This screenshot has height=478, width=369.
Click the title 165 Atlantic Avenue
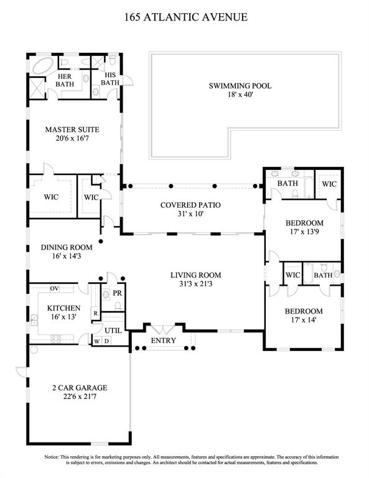pyautogui.click(x=186, y=17)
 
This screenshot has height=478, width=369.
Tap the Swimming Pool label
pyautogui.click(x=240, y=86)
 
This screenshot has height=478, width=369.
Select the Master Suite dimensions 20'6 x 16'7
pyautogui.click(x=72, y=138)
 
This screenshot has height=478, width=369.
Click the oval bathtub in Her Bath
pyautogui.click(x=43, y=66)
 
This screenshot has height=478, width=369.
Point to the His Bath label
pyautogui.click(x=110, y=78)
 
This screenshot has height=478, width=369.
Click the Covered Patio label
pyautogui.click(x=190, y=205)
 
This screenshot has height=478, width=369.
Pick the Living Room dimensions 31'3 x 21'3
pyautogui.click(x=195, y=284)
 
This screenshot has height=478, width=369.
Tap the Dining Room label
pyautogui.click(x=67, y=247)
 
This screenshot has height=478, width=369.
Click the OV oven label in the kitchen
pyautogui.click(x=55, y=288)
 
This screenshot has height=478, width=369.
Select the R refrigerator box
pyautogui.click(x=95, y=314)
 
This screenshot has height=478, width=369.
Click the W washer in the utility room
pyautogui.click(x=96, y=341)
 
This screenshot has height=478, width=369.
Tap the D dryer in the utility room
pyautogui.click(x=106, y=341)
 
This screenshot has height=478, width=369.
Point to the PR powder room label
pyautogui.click(x=118, y=293)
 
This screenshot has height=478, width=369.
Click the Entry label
pyautogui.click(x=163, y=340)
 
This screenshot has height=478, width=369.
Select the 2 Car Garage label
pyautogui.click(x=80, y=388)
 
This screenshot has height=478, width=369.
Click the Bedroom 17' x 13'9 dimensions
pyautogui.click(x=304, y=232)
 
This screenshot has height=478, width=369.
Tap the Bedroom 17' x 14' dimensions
pyautogui.click(x=303, y=320)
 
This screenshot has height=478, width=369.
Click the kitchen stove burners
pyautogui.click(x=55, y=339)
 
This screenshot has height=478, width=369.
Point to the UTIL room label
pyautogui.click(x=113, y=330)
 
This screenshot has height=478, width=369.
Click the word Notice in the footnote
pyautogui.click(x=51, y=457)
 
